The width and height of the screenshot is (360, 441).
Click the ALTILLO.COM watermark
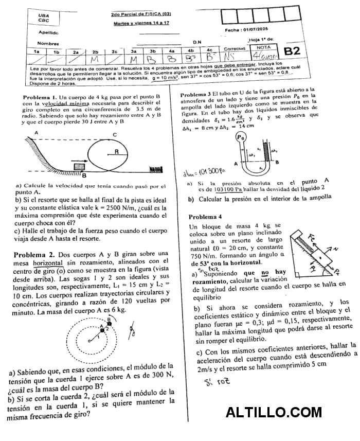pyautogui.click(x=274, y=412)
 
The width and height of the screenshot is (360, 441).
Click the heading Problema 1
pyautogui.click(x=40, y=97)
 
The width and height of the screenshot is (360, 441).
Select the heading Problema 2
pyautogui.click(x=34, y=255)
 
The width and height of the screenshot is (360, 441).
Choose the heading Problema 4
pyautogui.click(x=205, y=217)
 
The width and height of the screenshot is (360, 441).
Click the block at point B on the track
pyautogui.click(x=80, y=167)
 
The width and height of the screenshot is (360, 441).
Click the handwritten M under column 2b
pyautogui.click(x=94, y=59)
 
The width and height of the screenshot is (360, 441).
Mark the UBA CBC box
pyautogui.click(x=44, y=18)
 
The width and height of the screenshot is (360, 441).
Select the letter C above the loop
pyautogui.click(x=114, y=135)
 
